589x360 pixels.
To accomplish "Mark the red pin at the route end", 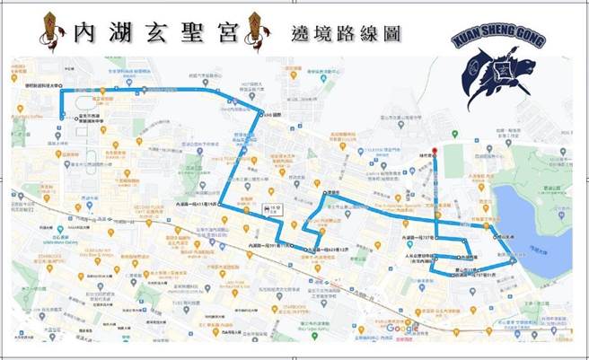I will tap(435, 152).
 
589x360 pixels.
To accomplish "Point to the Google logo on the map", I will tap(401, 328).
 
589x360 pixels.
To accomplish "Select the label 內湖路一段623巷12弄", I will tap(328, 250).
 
